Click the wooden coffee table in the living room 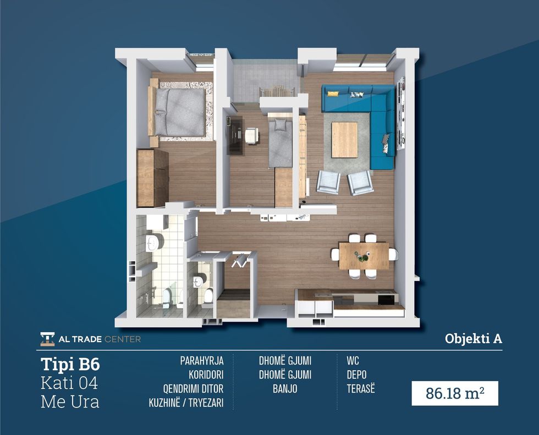tap(344, 140)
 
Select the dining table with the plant tap(364, 256)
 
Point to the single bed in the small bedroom tap(280, 143)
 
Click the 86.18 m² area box tap(455, 393)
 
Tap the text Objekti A tap(474, 339)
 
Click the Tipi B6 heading tap(70, 364)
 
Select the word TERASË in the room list tap(361, 389)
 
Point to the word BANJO tap(285, 389)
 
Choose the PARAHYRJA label tap(202, 361)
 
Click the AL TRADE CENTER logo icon tap(47, 339)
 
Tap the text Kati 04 tap(69, 383)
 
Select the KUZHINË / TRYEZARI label tap(186, 403)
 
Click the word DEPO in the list tap(356, 375)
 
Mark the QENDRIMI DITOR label tap(193, 389)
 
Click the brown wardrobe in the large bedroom tap(153, 178)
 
